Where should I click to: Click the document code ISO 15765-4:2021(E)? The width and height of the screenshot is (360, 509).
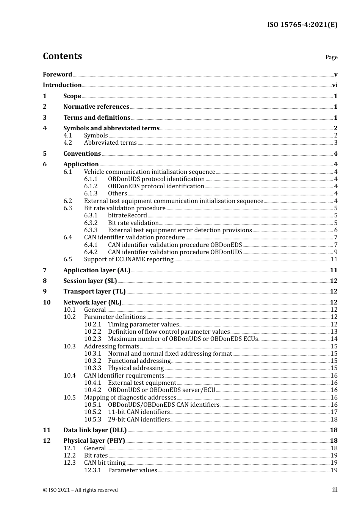point(302,25)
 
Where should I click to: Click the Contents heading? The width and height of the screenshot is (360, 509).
point(62,56)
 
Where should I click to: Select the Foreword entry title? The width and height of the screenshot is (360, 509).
point(57,75)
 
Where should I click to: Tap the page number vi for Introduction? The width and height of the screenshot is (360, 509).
point(335,85)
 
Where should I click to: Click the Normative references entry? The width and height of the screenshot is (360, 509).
point(96,107)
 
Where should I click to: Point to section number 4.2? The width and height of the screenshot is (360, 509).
point(68,143)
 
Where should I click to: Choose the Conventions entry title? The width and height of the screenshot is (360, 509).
point(82,154)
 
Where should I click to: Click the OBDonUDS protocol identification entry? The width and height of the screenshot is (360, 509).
point(156,179)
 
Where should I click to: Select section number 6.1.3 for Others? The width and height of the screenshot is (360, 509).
point(91,194)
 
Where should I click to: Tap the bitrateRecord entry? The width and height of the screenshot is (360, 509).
point(127,215)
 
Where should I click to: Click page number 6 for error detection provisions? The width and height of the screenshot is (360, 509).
point(336,230)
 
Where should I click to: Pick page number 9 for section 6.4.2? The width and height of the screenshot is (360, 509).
point(336,252)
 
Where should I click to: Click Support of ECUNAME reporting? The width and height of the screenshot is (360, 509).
point(128,259)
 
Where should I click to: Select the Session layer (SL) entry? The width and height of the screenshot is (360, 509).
point(90,281)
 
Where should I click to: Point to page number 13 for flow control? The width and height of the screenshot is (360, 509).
point(334,332)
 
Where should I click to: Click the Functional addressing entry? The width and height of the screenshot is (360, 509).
point(139,361)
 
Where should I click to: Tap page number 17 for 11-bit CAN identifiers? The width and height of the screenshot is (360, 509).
point(334,412)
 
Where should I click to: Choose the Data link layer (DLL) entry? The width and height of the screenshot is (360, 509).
point(95,430)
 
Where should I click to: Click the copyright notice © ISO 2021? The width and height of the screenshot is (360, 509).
point(80,490)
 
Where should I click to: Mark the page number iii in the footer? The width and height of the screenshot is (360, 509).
point(335,490)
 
